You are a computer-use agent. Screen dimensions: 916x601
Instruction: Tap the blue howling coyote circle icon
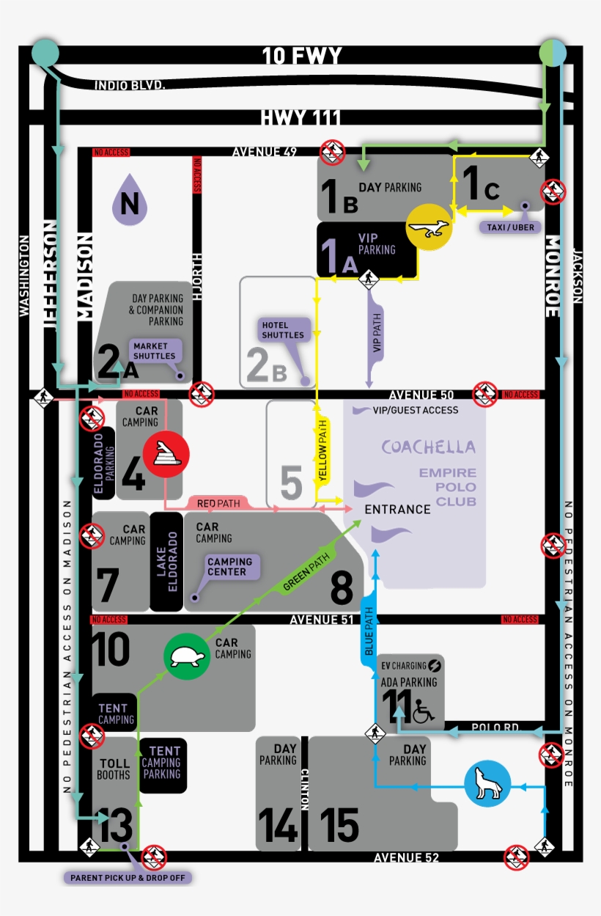point(487,784)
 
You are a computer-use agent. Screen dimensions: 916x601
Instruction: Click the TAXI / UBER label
point(510,227)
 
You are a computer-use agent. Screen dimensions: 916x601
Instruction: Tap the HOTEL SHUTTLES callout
point(283,330)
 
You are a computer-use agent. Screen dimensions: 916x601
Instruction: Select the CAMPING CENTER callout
point(229,567)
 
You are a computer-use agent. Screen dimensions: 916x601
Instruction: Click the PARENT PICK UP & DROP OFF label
point(127,877)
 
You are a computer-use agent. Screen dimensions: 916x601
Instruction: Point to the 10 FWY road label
point(302,56)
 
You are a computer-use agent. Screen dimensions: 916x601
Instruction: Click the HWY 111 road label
point(300,117)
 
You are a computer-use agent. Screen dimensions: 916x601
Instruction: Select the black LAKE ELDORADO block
point(166,562)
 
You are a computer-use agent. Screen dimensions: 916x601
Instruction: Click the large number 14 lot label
point(278,824)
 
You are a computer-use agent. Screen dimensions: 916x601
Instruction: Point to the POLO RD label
point(495,727)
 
